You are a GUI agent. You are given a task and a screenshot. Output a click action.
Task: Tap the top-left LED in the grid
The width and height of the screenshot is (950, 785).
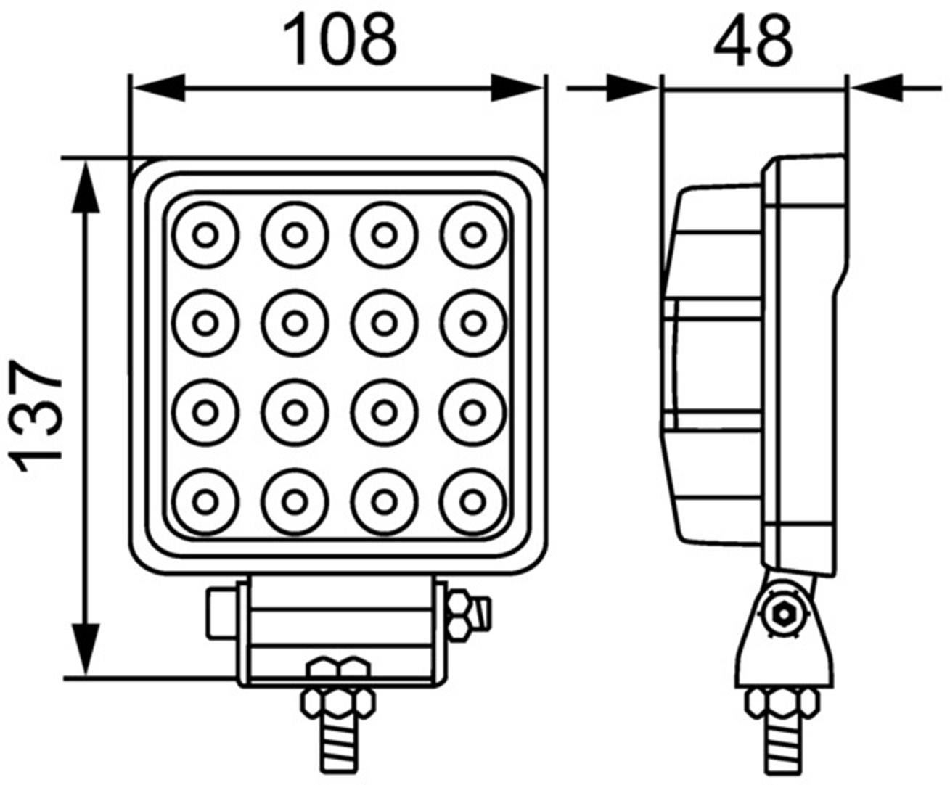coord(205,235)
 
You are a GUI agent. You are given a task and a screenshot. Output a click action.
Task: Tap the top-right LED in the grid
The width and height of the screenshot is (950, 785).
coord(473,235)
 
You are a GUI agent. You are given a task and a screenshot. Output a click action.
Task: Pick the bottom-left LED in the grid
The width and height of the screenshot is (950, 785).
coord(205,501)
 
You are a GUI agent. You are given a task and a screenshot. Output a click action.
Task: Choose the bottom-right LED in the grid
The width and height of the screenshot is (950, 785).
coord(473,501)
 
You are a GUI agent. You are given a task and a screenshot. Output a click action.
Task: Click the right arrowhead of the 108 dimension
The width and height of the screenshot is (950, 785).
coord(518,89)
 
